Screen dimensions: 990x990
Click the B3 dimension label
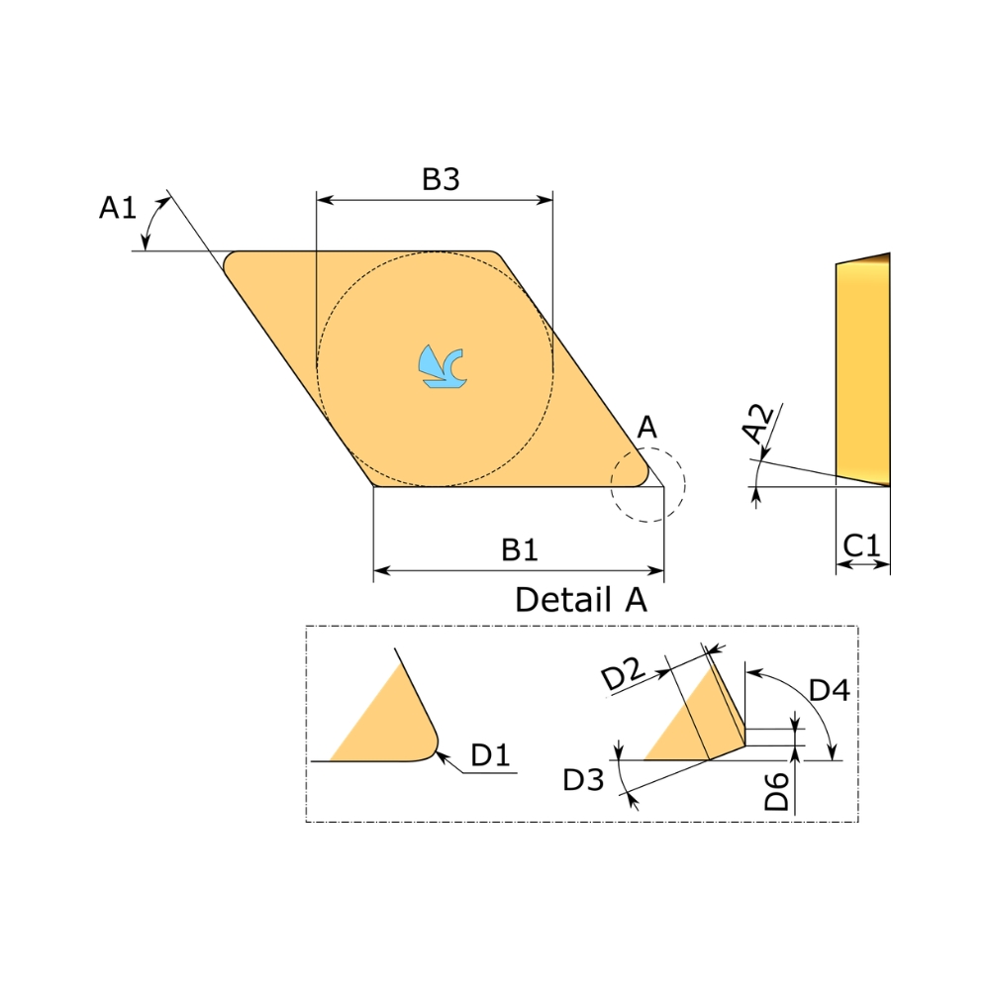[441, 178]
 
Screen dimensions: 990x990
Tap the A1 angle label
[118, 207]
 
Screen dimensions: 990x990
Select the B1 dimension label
[520, 549]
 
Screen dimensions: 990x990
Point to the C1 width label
[861, 544]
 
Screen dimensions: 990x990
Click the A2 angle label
[757, 424]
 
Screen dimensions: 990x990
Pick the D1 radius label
[491, 754]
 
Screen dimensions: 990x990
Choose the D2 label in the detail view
[623, 673]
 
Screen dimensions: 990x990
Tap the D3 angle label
[583, 780]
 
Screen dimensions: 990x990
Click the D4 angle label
[830, 690]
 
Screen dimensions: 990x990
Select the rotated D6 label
[776, 791]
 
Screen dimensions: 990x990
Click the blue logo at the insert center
[443, 366]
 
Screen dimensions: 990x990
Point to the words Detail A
[581, 599]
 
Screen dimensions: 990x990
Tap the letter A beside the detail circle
[647, 428]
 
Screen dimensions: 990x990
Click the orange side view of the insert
[863, 370]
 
